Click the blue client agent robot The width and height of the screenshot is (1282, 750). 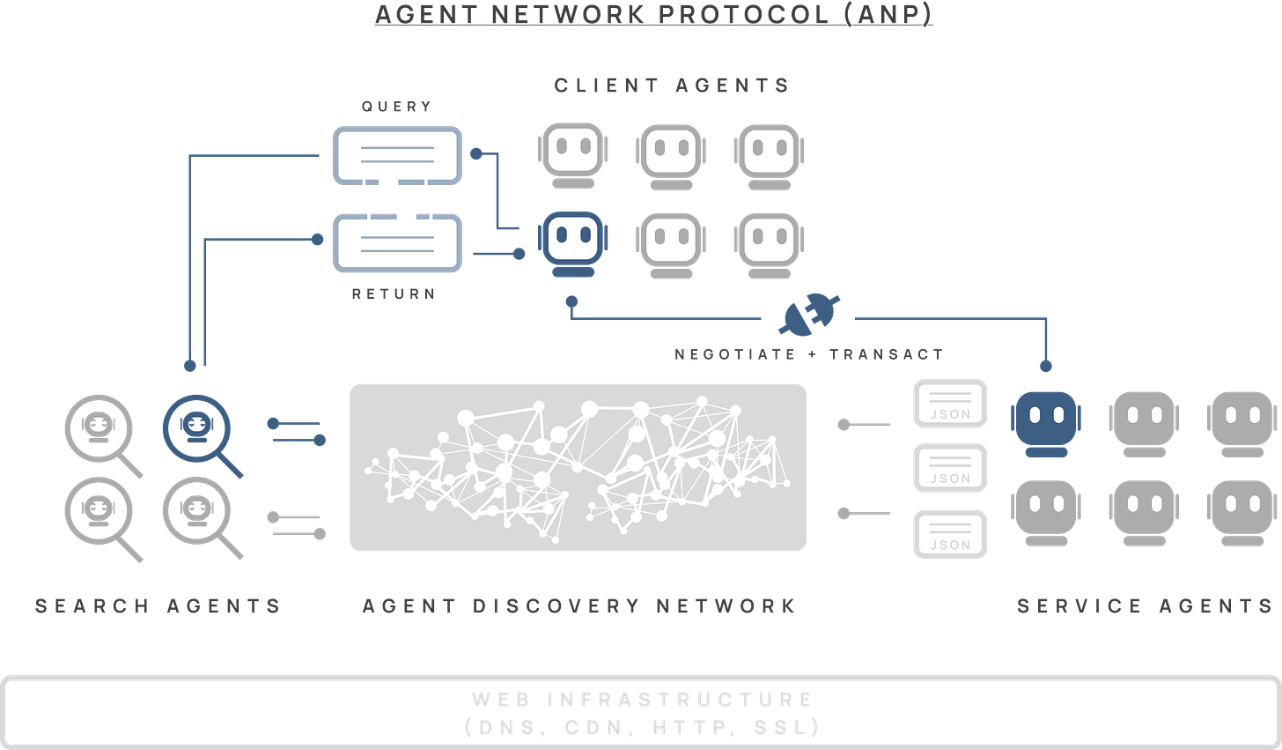pos(572,242)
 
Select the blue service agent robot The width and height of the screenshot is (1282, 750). pos(1045,420)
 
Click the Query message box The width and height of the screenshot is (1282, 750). pos(397,155)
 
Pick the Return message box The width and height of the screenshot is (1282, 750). pos(397,243)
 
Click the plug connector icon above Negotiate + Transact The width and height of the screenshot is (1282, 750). pos(809,314)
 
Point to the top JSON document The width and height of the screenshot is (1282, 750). pos(950,404)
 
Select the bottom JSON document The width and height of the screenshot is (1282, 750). pos(950,534)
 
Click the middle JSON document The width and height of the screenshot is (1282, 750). pos(950,469)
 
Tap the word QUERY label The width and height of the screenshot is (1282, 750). pos(397,107)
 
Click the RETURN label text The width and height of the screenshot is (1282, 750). pos(394,293)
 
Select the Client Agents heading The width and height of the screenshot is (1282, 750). pos(671,85)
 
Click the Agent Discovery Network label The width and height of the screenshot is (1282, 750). pos(579,605)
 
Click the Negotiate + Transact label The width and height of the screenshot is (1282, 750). pos(809,354)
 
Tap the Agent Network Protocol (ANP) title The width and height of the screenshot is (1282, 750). pos(652,14)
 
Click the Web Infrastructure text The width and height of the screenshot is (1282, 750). pos(642,700)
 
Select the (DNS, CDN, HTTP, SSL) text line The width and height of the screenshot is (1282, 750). pos(642,727)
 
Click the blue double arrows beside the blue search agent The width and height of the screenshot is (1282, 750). pos(297,431)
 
